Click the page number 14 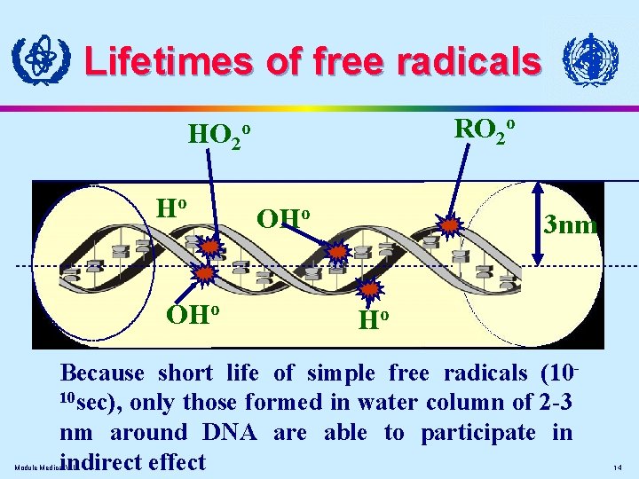[x=618, y=467]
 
